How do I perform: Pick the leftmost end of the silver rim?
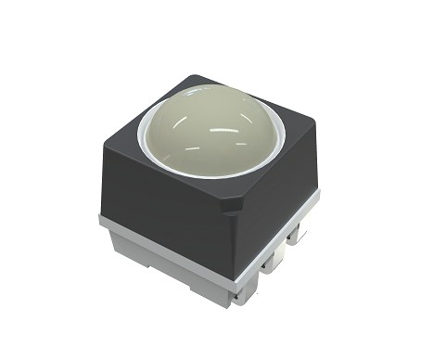(x=100, y=220)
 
